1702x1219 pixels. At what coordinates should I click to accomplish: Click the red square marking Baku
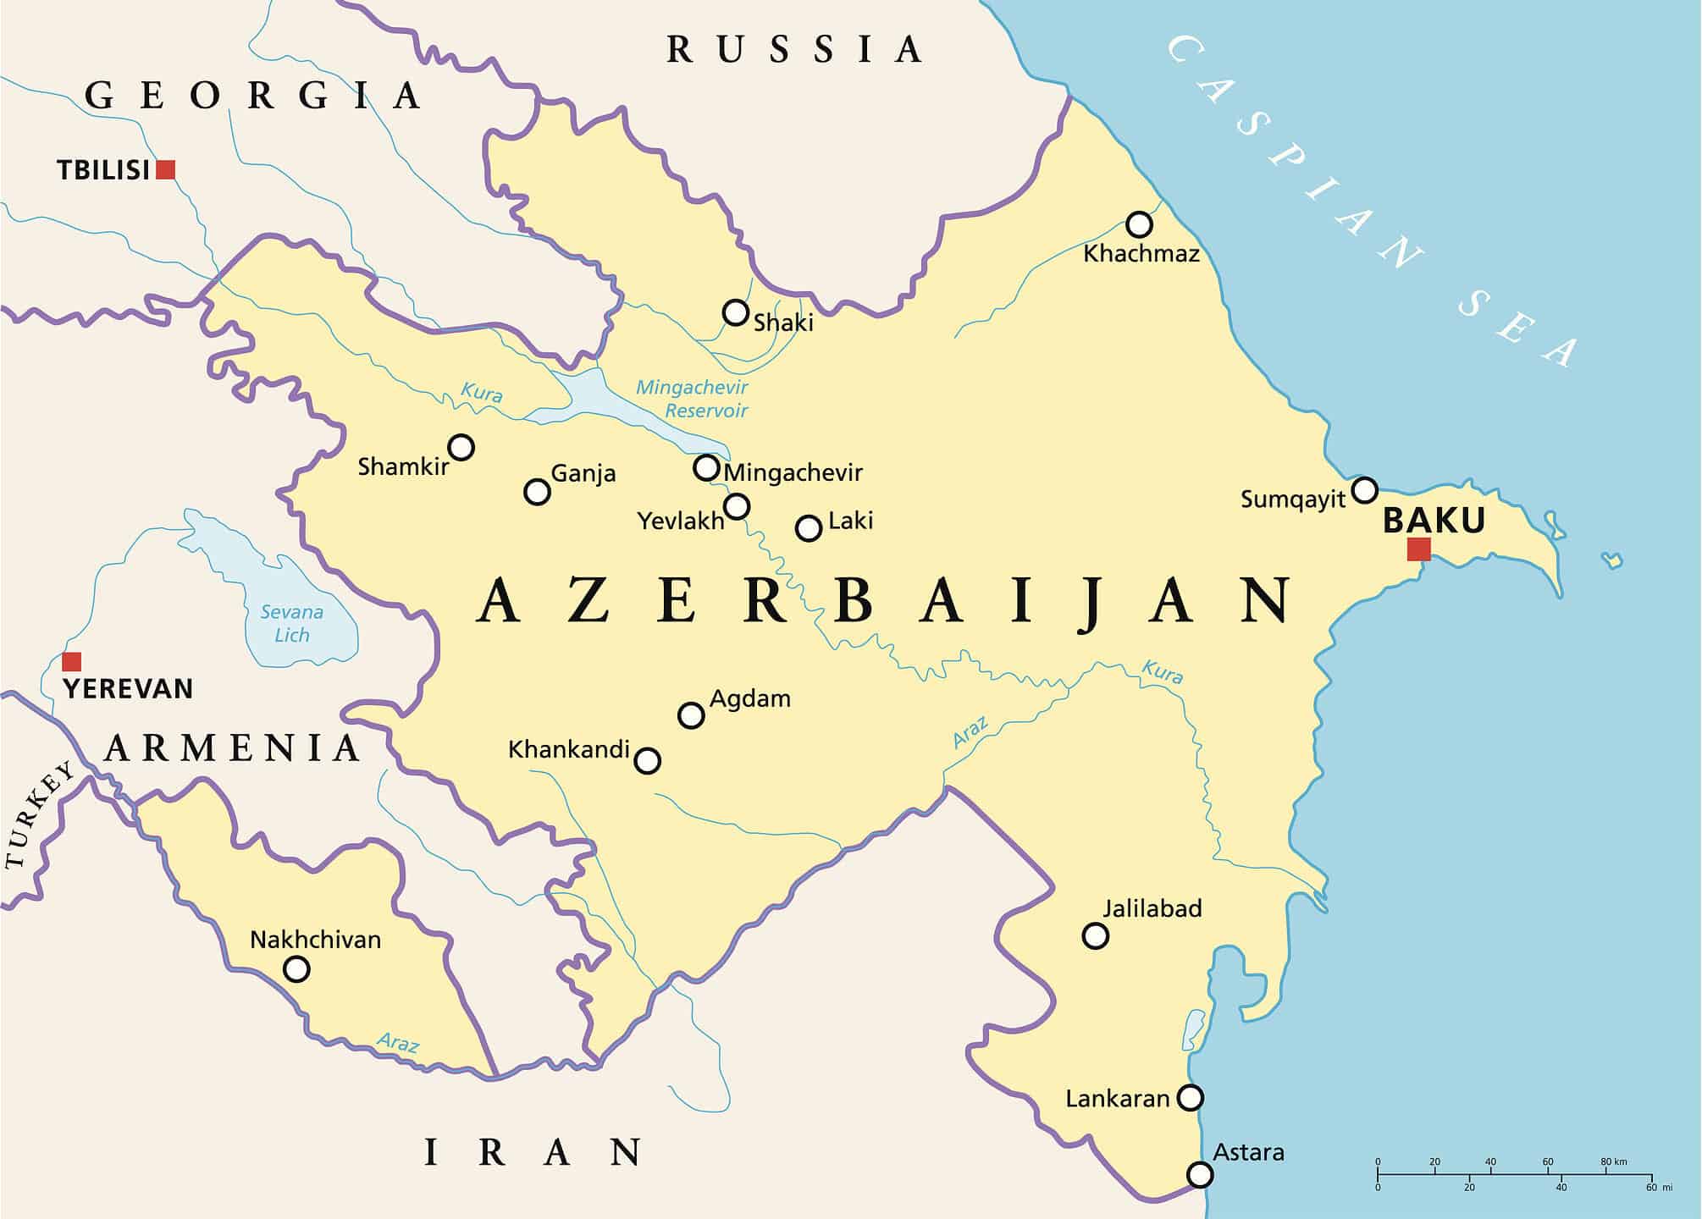coord(1419,549)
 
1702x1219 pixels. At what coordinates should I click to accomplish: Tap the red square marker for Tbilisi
coord(166,169)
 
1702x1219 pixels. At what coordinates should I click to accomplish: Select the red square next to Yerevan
coord(72,661)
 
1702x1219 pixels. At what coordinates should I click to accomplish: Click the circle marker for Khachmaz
coord(1139,224)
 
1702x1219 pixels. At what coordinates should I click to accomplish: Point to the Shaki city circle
coord(736,312)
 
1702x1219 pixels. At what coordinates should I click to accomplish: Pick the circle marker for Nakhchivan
coord(296,968)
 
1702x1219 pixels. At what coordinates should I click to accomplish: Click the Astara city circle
coord(1200,1175)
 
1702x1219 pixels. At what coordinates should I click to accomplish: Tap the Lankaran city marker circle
coord(1191,1098)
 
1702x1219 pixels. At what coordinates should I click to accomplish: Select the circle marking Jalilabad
coord(1096,935)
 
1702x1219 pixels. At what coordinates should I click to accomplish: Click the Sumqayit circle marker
coord(1365,489)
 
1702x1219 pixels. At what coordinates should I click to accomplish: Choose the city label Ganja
coord(583,473)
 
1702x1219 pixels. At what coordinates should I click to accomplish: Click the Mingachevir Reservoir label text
coord(693,399)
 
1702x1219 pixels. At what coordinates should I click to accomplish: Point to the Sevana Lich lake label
coord(292,623)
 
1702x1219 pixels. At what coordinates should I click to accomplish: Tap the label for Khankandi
coord(569,749)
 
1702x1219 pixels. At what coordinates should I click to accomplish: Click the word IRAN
coord(533,1153)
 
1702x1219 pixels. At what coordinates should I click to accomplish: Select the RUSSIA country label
coord(794,50)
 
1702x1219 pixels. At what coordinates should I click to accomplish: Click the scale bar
coord(1514,1175)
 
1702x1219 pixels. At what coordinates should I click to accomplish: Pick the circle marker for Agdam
coord(691,715)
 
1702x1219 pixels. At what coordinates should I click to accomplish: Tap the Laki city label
coord(850,520)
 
